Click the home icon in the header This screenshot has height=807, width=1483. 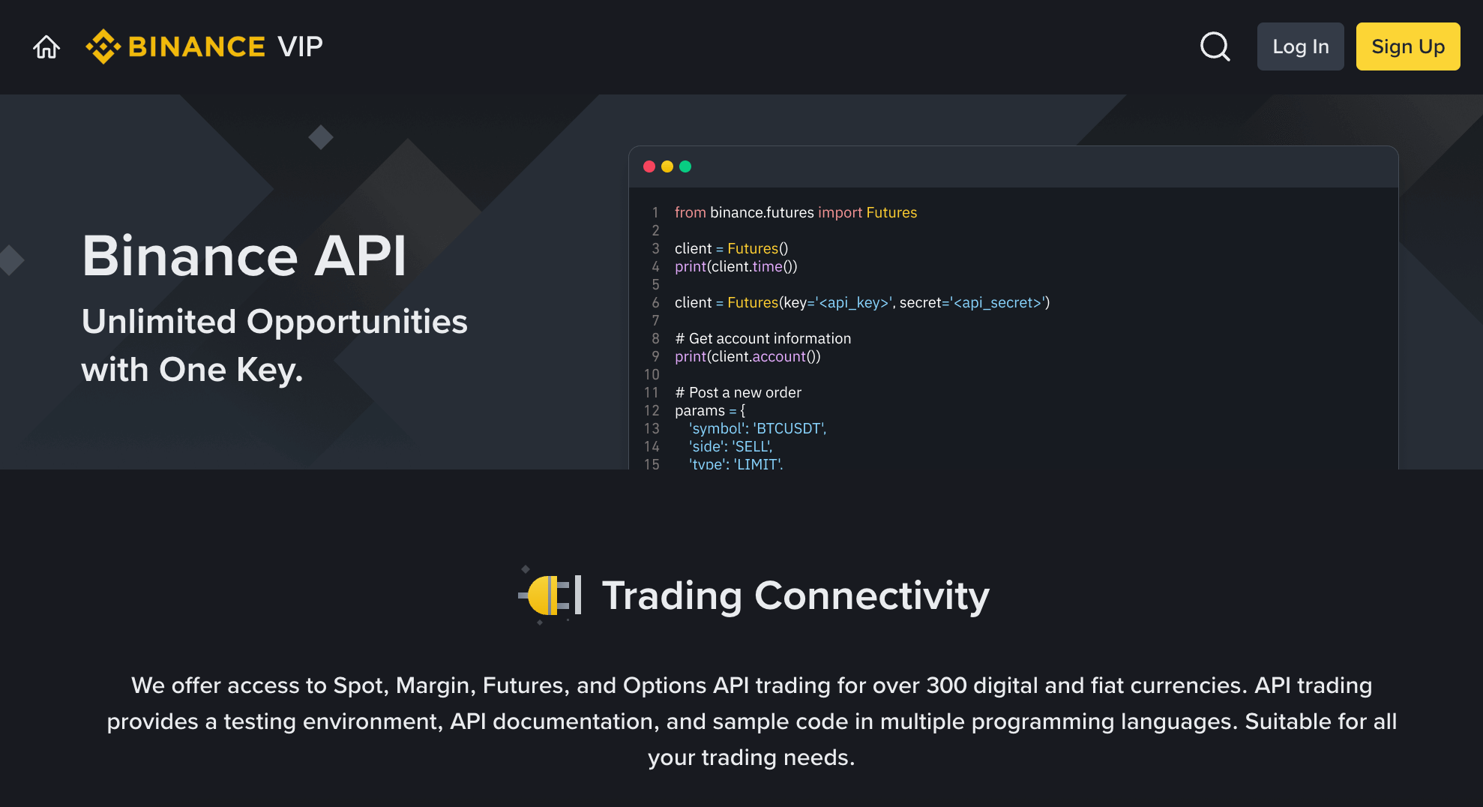tap(46, 47)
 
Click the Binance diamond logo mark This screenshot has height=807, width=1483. tap(103, 46)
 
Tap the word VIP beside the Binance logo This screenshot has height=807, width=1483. tap(300, 46)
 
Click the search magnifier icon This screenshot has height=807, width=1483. tap(1215, 46)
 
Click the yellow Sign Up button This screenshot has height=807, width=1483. tap(1407, 46)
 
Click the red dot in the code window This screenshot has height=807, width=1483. tap(649, 166)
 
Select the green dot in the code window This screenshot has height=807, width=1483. tap(685, 166)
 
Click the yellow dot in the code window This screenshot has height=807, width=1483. tap(667, 166)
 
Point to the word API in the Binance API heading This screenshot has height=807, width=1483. tap(360, 256)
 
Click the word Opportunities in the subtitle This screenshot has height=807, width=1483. tap(357, 322)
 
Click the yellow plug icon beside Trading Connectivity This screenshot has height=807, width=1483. tap(549, 595)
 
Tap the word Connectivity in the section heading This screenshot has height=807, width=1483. tap(871, 596)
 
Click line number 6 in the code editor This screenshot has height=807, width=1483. tap(655, 303)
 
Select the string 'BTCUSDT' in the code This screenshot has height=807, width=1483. tap(789, 429)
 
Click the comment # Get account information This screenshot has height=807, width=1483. tap(762, 339)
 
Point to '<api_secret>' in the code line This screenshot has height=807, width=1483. tap(997, 303)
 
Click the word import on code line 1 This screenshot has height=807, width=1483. tap(840, 213)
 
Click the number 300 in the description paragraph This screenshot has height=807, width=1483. tap(946, 685)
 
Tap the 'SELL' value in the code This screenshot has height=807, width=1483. tap(751, 447)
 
